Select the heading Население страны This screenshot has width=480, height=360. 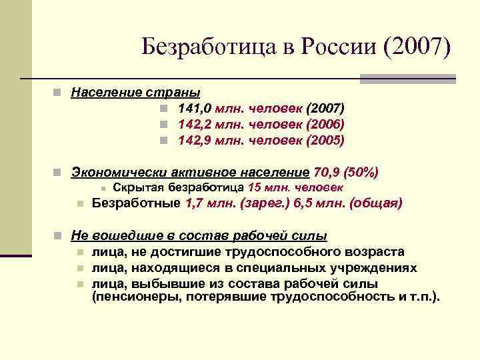[136, 91]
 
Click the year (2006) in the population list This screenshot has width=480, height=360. [325, 124]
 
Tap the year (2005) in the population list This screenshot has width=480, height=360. [325, 140]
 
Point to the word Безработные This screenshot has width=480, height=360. [135, 203]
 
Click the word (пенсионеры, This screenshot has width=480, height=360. [131, 297]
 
